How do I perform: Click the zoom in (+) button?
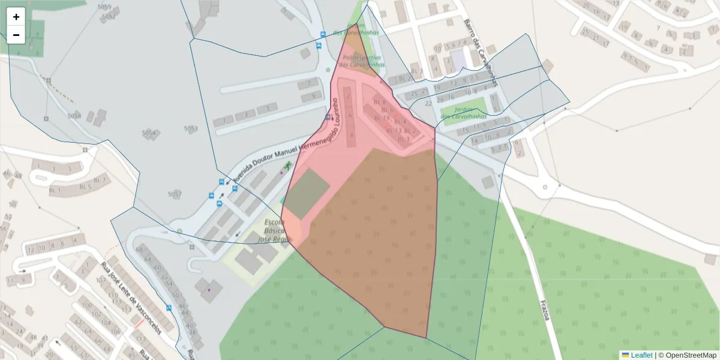tap(16, 17)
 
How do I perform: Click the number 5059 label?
tap(104, 7)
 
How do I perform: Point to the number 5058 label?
tap(74, 115)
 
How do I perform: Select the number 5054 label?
tap(148, 133)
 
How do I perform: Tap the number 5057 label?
tap(174, 194)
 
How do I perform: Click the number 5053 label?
tap(191, 128)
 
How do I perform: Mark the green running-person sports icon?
tap(287, 164)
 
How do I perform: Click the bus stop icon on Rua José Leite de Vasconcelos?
tap(169, 308)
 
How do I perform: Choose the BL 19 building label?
tap(382, 118)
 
